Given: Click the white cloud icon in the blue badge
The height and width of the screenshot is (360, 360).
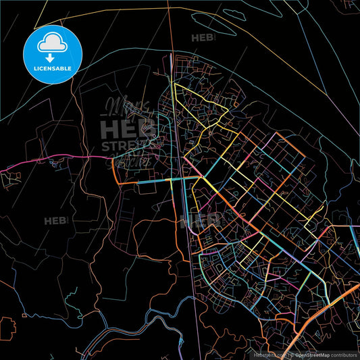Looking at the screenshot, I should pos(52,42).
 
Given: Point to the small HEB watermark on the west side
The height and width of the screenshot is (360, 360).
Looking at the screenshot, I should pos(55,221).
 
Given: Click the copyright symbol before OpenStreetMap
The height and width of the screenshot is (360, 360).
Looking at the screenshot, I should pos(292,354).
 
